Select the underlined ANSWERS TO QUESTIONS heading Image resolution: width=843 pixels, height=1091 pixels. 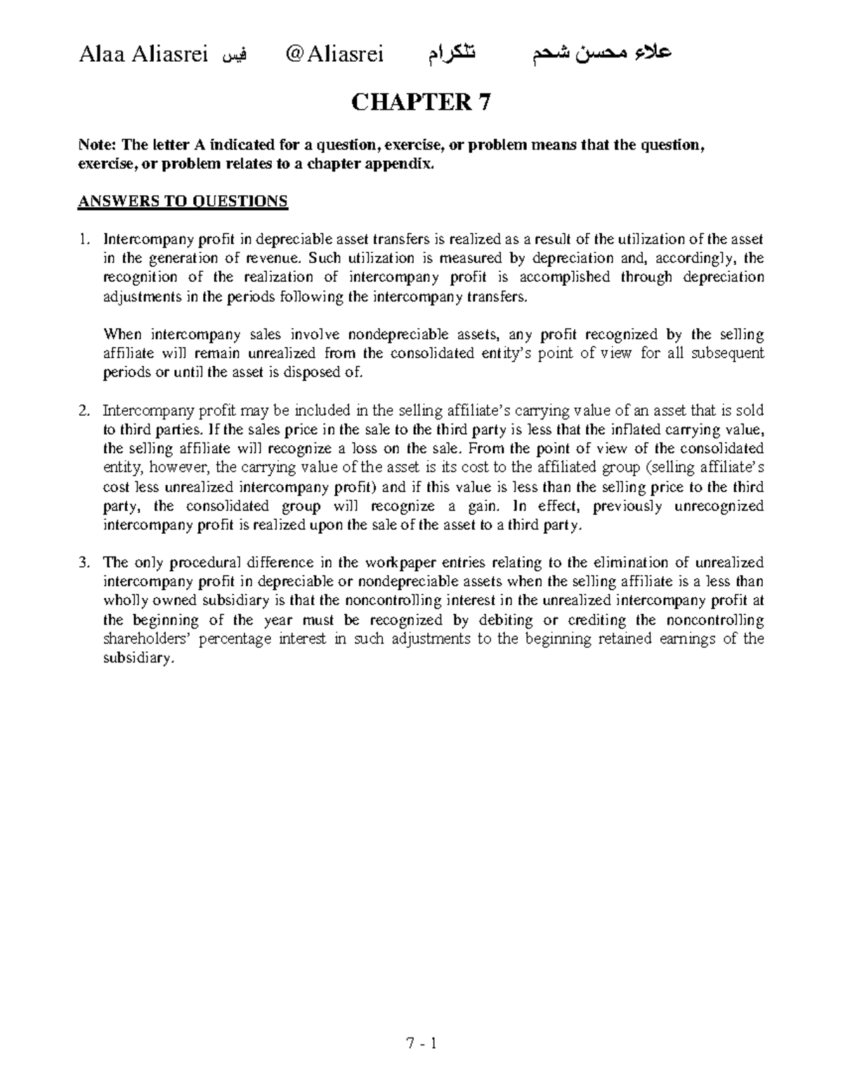[182, 202]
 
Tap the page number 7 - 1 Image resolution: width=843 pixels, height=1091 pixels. [421, 1043]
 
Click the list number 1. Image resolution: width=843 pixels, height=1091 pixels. [84, 240]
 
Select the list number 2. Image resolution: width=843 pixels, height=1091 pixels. [84, 411]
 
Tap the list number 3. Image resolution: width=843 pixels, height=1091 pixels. [84, 563]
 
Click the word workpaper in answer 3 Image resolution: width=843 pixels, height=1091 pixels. [398, 563]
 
